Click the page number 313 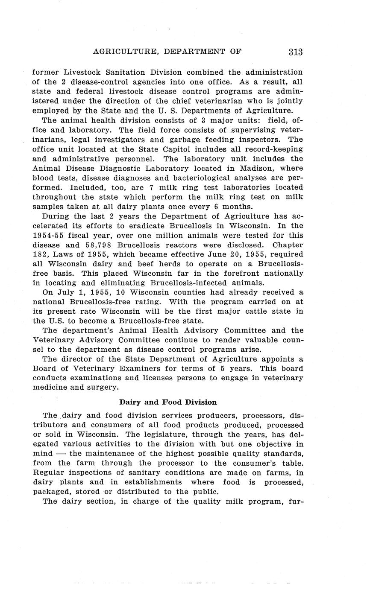295,52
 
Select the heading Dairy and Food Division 168,402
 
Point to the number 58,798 97,245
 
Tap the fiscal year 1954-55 49,236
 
